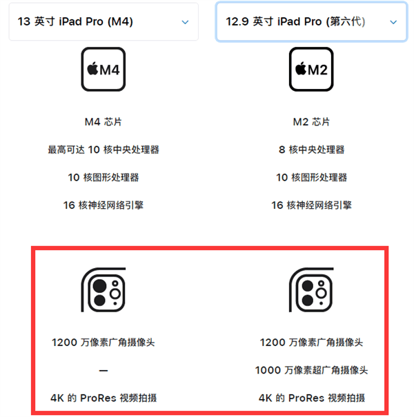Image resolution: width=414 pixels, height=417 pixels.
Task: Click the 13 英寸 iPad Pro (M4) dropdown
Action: point(103,21)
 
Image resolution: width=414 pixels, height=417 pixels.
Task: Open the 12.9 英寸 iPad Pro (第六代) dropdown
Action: point(311,21)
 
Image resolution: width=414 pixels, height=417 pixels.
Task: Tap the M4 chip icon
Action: point(103,69)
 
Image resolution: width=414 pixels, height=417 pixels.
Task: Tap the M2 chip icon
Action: point(311,69)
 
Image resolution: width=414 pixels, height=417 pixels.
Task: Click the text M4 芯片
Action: point(103,122)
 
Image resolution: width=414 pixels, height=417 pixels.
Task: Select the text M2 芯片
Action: point(311,122)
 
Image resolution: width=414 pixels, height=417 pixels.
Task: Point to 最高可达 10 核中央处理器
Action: point(103,150)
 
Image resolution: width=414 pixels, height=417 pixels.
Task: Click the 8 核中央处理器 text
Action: point(311,150)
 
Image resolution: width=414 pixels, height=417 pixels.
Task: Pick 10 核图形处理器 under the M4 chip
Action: point(103,177)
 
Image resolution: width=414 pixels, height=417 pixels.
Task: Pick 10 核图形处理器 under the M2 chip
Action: point(311,177)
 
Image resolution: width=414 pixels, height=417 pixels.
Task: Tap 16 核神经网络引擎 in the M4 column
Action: point(103,205)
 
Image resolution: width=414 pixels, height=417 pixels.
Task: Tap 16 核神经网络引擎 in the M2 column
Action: point(311,205)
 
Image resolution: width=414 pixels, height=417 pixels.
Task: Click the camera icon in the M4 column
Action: point(103,289)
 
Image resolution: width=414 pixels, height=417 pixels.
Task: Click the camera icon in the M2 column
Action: point(311,289)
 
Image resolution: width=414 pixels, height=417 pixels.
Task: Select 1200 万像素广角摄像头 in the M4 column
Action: point(103,342)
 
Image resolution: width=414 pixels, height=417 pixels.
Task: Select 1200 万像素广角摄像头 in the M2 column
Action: point(311,342)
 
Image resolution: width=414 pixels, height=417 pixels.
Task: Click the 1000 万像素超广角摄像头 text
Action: point(311,370)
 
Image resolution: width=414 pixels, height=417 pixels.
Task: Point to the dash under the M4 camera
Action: point(103,371)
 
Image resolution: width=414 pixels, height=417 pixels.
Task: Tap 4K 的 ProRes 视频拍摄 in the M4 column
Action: point(103,398)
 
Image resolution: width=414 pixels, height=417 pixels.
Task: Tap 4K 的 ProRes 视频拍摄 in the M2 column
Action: point(311,398)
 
